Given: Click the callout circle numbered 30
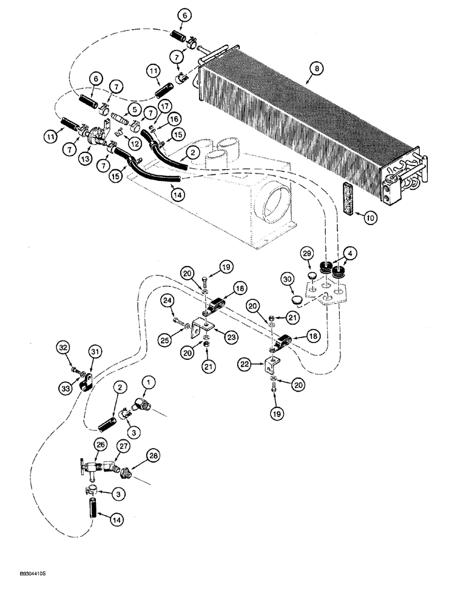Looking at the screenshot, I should click(288, 279).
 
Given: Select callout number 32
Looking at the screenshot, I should click(62, 348).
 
